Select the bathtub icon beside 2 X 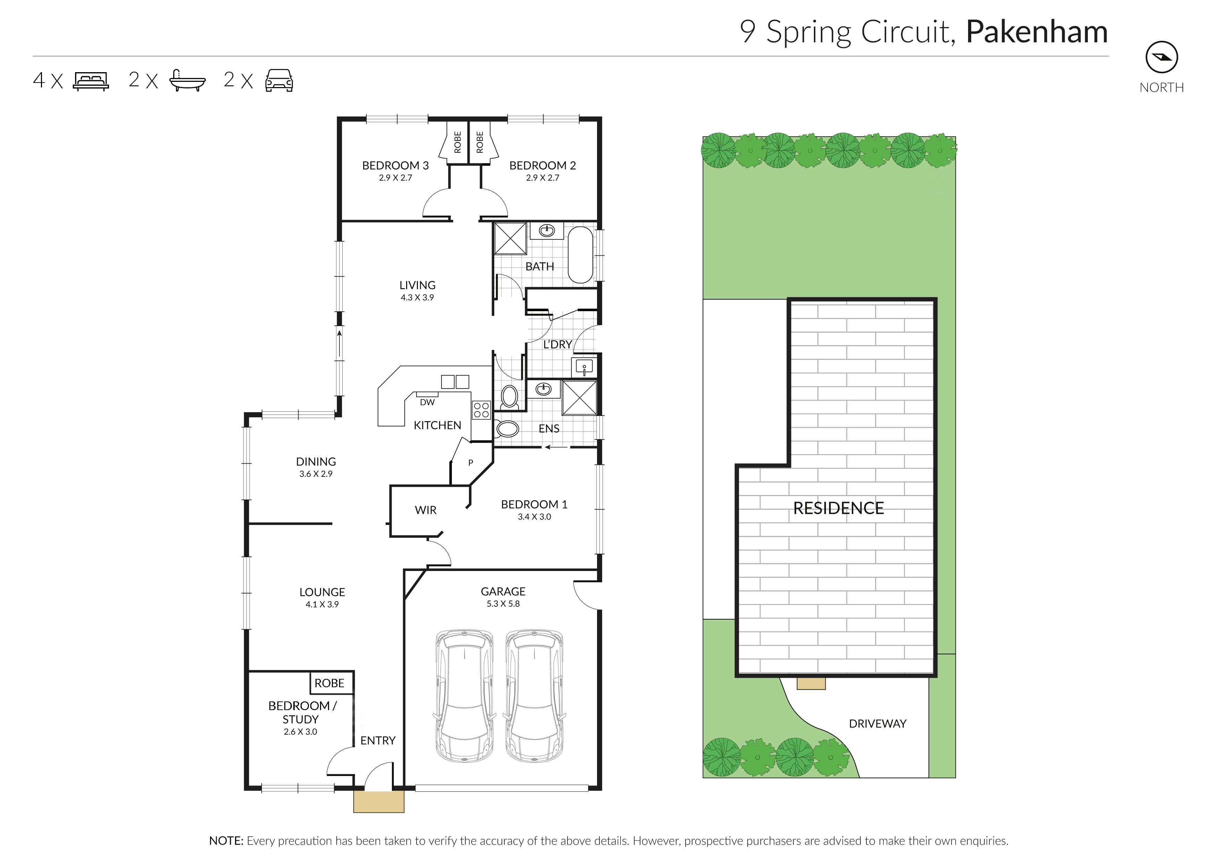(x=187, y=80)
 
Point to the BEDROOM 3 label (x=395, y=165)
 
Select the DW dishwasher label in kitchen (x=427, y=402)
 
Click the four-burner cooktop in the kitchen (x=481, y=410)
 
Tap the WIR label (x=426, y=510)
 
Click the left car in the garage (x=464, y=695)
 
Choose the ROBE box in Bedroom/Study (x=329, y=683)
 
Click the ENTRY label (x=378, y=740)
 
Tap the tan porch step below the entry (x=379, y=802)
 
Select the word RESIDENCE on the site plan (x=838, y=508)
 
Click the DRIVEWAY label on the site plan (x=877, y=724)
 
